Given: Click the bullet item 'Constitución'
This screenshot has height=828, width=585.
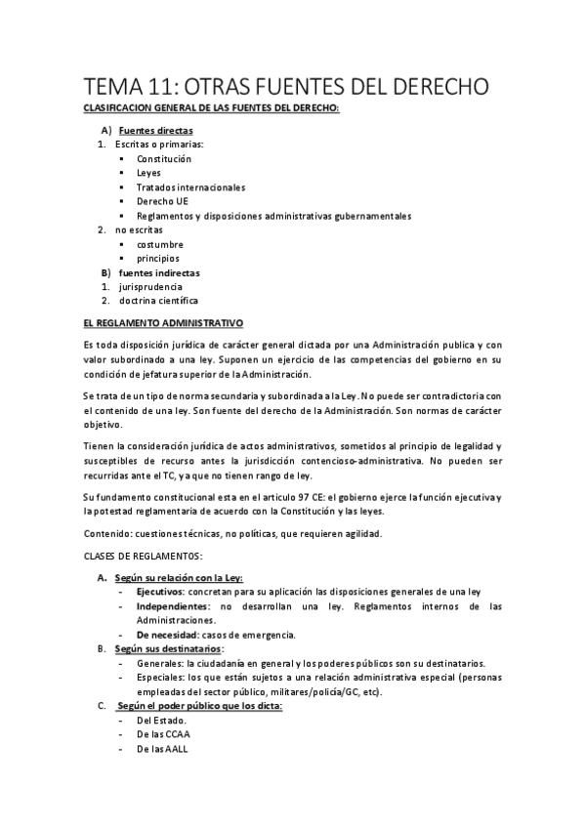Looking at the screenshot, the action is (x=164, y=158).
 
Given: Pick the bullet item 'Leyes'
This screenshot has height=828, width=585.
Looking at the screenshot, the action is (x=148, y=173).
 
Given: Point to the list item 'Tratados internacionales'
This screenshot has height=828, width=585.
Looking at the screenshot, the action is (x=190, y=186).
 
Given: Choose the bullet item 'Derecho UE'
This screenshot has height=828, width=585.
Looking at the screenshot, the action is (x=161, y=201).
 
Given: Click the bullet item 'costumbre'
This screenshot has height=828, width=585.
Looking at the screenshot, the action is (x=160, y=244).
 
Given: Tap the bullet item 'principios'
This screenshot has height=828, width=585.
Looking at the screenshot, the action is (x=157, y=259).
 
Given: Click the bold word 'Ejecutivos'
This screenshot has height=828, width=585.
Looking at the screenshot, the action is (x=160, y=592).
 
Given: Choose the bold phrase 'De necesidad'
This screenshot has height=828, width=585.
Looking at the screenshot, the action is (x=167, y=635).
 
